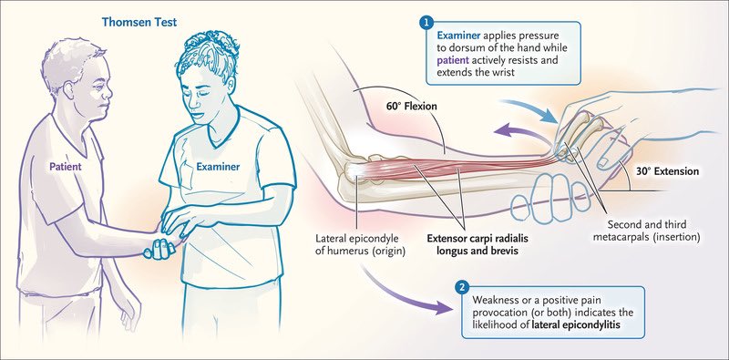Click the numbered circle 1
point(426,21)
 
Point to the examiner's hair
point(211,55)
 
